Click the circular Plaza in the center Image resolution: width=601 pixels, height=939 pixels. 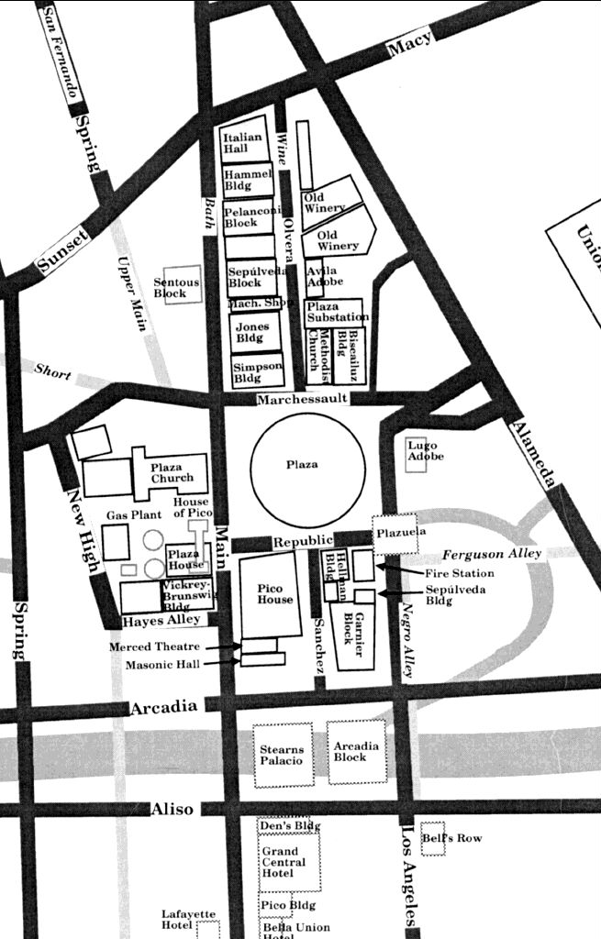(x=301, y=465)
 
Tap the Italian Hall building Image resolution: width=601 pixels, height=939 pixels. (x=243, y=142)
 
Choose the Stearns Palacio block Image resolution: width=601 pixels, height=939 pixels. (x=282, y=756)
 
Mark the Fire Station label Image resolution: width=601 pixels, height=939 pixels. (x=459, y=573)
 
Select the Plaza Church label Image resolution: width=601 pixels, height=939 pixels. (x=173, y=472)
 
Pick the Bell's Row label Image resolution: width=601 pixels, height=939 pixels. (x=451, y=838)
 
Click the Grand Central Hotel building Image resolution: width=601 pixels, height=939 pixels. (x=288, y=862)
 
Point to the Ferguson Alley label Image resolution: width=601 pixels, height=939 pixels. (x=493, y=554)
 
